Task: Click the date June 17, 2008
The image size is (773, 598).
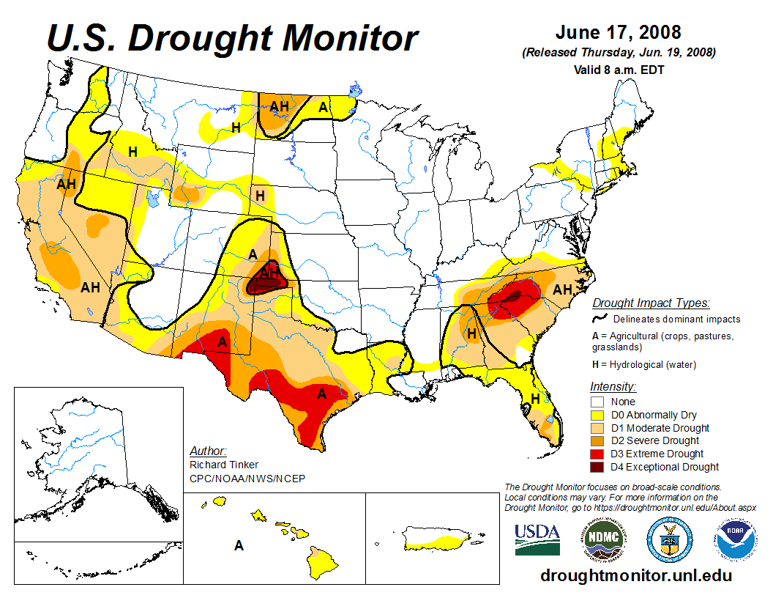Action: coord(618,33)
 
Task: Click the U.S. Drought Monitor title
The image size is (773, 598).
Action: coord(233,38)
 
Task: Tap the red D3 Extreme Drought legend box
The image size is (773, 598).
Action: coord(597,454)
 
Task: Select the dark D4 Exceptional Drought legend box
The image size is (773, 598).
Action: coord(597,467)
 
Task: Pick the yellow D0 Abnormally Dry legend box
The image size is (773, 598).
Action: coord(597,415)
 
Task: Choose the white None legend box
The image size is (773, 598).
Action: coord(597,402)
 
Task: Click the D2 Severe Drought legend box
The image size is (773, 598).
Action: coord(597,440)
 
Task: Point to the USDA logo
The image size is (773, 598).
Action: coord(537,539)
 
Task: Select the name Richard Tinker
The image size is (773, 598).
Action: coord(223,465)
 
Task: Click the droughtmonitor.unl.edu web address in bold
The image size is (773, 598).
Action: coord(635,575)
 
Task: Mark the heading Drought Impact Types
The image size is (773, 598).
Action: coord(651,303)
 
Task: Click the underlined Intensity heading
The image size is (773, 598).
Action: coord(613,386)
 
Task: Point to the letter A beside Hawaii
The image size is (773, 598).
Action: coord(239,545)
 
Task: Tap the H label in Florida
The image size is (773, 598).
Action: coord(536,399)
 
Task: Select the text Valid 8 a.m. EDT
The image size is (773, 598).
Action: coord(618,70)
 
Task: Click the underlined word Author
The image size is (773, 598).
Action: coord(208,451)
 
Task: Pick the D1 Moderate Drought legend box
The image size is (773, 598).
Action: coord(597,428)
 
